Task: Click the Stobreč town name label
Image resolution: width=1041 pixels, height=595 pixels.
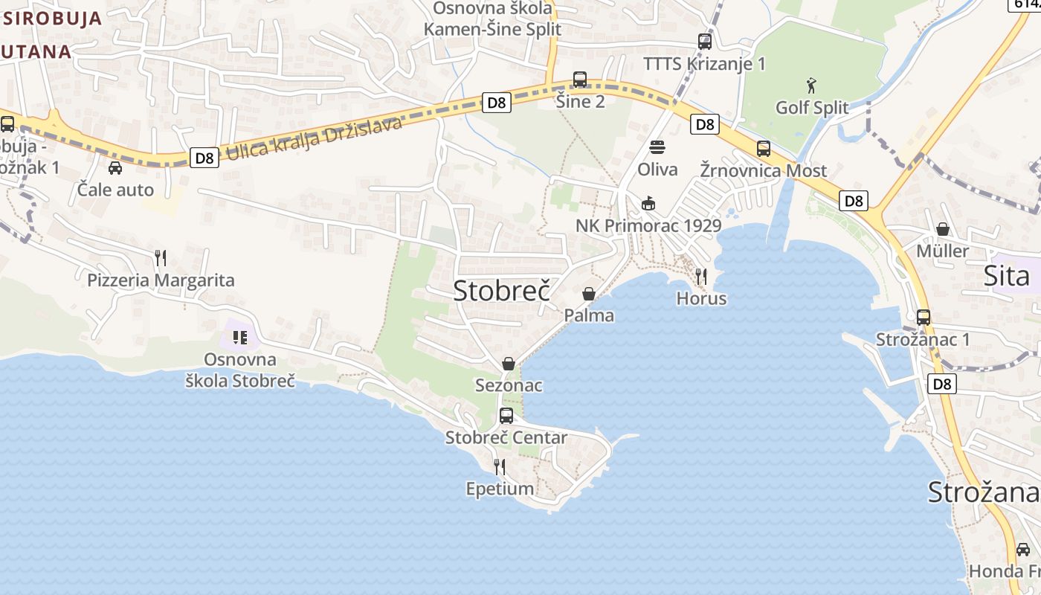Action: pos(502,291)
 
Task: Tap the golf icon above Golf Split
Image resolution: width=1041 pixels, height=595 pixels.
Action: pos(811,86)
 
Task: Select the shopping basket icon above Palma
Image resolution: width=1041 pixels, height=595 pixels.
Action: pos(588,294)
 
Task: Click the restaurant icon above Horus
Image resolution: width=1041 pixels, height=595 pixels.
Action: pos(700,277)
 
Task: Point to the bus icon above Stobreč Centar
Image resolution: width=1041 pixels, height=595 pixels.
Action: pos(506,416)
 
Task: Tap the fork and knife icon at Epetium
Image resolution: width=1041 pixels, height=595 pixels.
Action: pos(500,467)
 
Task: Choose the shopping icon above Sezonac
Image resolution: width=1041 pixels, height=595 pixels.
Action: pos(509,364)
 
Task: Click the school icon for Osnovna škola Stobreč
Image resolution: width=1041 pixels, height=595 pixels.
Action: pos(239,338)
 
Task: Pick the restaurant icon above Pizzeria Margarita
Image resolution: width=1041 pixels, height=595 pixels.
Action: pos(161,258)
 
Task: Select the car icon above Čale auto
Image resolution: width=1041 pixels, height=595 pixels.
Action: pos(115,168)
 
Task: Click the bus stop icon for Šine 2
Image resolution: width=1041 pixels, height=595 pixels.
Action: pos(580,80)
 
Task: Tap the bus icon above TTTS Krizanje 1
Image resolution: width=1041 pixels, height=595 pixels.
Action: pos(704,42)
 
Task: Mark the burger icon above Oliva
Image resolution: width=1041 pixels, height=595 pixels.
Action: pos(657,147)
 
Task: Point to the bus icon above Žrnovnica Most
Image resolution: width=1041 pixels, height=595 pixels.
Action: pos(764,149)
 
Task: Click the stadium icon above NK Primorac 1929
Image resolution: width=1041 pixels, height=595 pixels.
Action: pos(648,203)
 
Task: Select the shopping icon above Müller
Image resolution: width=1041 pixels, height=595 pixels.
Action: pos(943,229)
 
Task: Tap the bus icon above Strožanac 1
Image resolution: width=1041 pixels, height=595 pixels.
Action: pos(924,318)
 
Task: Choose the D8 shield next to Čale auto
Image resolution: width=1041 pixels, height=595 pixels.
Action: pos(204,158)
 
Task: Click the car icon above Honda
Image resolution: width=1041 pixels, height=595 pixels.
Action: pos(1023,550)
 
